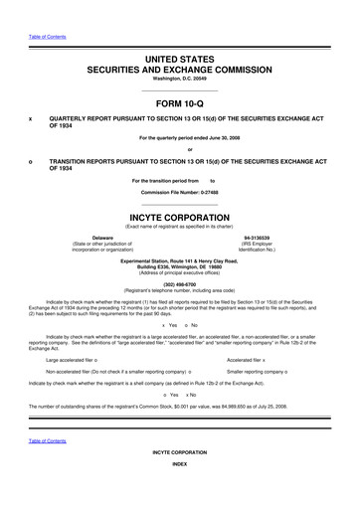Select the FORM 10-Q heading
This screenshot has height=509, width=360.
(180, 99)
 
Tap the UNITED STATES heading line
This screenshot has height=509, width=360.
(180, 62)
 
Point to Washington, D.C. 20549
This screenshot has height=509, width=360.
(180, 80)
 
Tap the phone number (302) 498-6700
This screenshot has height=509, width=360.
(180, 280)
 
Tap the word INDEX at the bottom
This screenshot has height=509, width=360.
(180, 492)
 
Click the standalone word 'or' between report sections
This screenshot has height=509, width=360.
(180, 150)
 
